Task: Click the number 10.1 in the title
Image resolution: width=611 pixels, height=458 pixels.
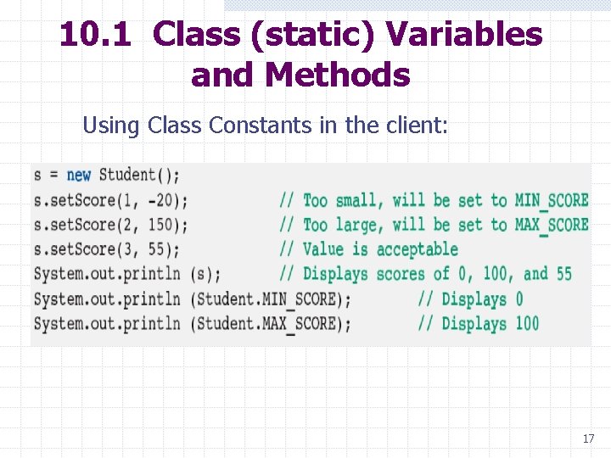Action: (94, 35)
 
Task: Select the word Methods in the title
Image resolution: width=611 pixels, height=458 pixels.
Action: (337, 75)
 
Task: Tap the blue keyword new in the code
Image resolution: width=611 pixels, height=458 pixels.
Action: (78, 176)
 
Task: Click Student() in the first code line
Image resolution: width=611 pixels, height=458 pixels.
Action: (139, 176)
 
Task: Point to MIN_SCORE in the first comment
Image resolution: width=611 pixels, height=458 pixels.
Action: (551, 201)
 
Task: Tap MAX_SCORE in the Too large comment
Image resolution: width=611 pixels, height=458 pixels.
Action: (551, 226)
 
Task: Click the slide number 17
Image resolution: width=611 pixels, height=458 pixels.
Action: (588, 438)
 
